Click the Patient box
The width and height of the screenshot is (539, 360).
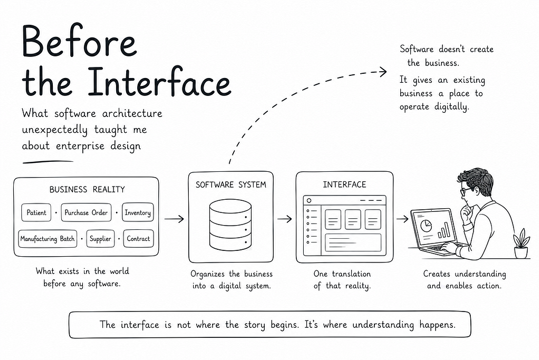pyautogui.click(x=36, y=212)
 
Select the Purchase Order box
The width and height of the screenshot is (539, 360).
pyautogui.click(x=86, y=212)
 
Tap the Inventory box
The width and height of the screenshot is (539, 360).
pyautogui.click(x=138, y=212)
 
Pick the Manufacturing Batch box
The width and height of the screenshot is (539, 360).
pyautogui.click(x=47, y=239)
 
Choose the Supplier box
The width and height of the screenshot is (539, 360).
pyautogui.click(x=100, y=239)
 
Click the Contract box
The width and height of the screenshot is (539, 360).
pyautogui.click(x=138, y=239)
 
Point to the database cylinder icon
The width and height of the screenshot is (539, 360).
pyautogui.click(x=230, y=225)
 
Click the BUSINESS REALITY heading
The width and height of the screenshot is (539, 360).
pyautogui.click(x=87, y=189)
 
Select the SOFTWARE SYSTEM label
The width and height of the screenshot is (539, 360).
pyautogui.click(x=231, y=185)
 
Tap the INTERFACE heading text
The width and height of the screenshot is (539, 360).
pyautogui.click(x=344, y=185)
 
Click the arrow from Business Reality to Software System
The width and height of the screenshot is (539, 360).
pyautogui.click(x=174, y=219)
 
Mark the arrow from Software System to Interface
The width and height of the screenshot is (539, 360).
pyautogui.click(x=285, y=219)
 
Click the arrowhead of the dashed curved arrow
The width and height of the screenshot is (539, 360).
pyautogui.click(x=384, y=72)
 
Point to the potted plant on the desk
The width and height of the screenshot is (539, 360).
pyautogui.click(x=521, y=243)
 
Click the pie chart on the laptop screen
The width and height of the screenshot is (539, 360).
pyautogui.click(x=426, y=226)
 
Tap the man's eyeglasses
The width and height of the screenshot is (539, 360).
pyautogui.click(x=465, y=191)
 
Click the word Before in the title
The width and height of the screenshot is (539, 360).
pyautogui.click(x=80, y=41)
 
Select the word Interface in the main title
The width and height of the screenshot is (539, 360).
pyautogui.click(x=159, y=81)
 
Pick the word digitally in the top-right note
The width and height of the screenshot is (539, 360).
pyautogui.click(x=451, y=107)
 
